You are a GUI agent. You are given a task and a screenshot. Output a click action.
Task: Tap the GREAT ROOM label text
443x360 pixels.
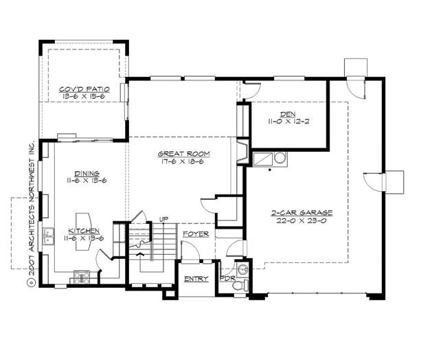tap(183, 154)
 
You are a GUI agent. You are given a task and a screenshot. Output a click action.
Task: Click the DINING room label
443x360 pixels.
tap(87, 173)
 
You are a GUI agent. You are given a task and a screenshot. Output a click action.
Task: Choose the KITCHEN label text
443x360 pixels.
tap(85, 231)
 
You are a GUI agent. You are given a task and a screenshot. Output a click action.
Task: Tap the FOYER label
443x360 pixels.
tap(196, 234)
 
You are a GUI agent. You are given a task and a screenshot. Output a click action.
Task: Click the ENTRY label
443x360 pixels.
tap(196, 279)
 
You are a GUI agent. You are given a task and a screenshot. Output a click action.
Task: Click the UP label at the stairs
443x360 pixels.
tap(163, 219)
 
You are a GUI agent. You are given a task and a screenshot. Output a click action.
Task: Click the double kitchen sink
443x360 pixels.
tap(49, 238)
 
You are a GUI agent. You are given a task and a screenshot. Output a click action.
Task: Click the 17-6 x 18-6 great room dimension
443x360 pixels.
tap(183, 162)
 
